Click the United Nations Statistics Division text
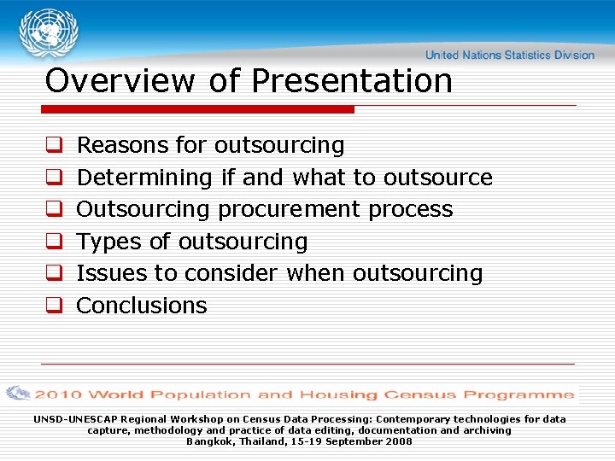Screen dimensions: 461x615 click(509, 55)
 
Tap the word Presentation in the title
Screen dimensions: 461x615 click(352, 81)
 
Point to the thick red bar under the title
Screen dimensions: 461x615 click(198, 109)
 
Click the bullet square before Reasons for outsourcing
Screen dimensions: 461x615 click(52, 146)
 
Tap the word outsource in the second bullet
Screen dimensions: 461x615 click(437, 178)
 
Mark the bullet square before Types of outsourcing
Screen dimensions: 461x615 click(52, 242)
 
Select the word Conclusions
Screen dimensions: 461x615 click(142, 306)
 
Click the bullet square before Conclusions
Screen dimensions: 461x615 click(52, 306)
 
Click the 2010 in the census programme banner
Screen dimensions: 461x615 click(58, 394)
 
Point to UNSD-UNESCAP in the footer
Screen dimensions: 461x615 click(76, 419)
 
